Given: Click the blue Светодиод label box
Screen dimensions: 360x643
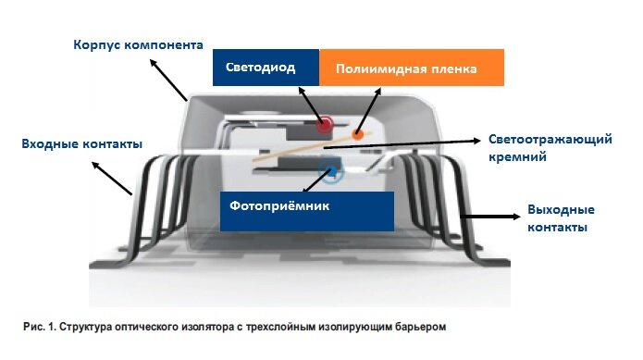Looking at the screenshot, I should pyautogui.click(x=266, y=68).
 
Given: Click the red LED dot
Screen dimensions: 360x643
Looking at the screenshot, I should pyautogui.click(x=325, y=125).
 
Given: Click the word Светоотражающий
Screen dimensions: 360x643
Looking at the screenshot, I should pyautogui.click(x=551, y=140).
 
